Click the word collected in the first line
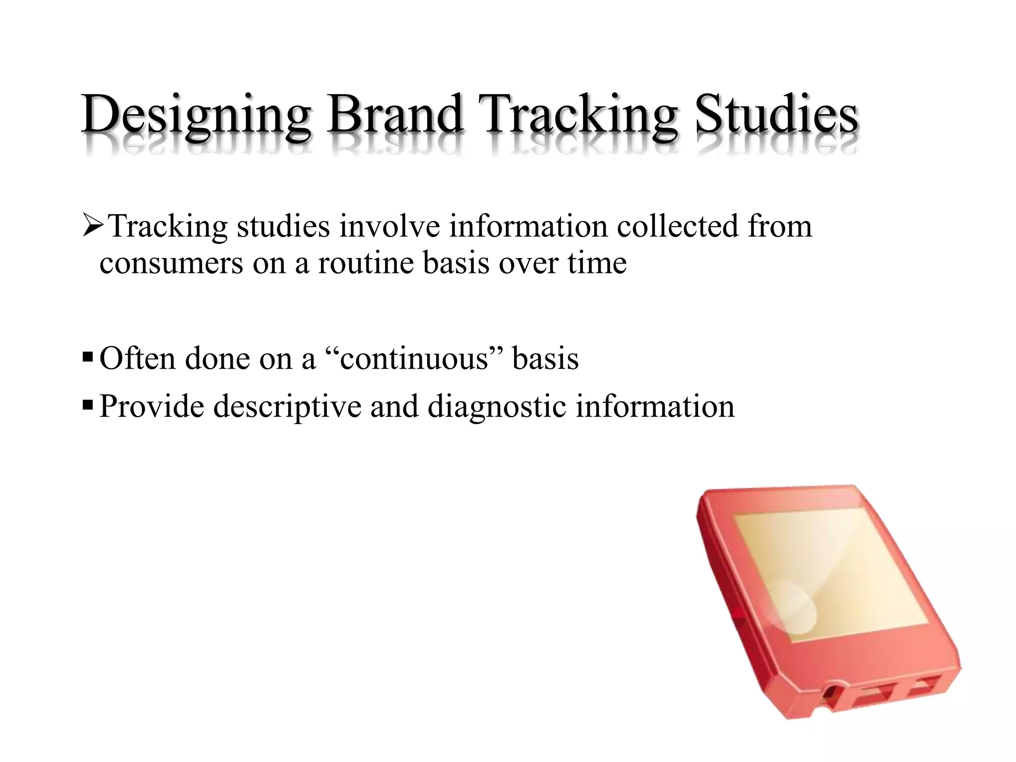677,227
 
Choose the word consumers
171,263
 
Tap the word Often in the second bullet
137,359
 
